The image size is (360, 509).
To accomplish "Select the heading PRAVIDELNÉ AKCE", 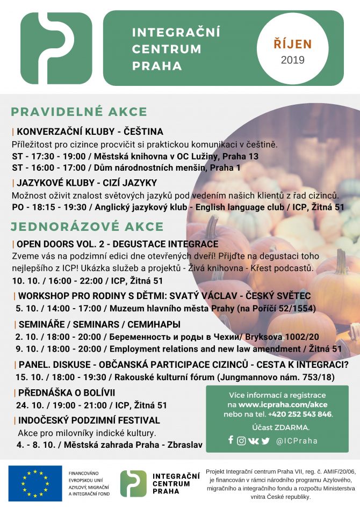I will [x=79, y=112].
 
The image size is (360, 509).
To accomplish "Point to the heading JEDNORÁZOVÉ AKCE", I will [x=87, y=226].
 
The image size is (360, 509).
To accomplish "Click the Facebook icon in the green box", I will [x=231, y=440].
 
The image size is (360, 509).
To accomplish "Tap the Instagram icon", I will [x=241, y=441].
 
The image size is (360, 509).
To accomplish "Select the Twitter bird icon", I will [x=265, y=441].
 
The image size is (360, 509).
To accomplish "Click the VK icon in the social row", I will [x=253, y=441].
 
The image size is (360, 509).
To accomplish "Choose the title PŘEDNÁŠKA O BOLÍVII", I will [x=67, y=392].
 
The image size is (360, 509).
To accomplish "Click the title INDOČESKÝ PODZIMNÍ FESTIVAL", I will [x=89, y=420].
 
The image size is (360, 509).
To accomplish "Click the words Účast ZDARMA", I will [x=277, y=427].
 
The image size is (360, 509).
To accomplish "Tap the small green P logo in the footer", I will [x=133, y=483].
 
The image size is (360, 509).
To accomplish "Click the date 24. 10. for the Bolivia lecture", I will [x=29, y=405].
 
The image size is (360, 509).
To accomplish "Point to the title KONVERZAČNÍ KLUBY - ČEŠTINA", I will [x=90, y=132].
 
